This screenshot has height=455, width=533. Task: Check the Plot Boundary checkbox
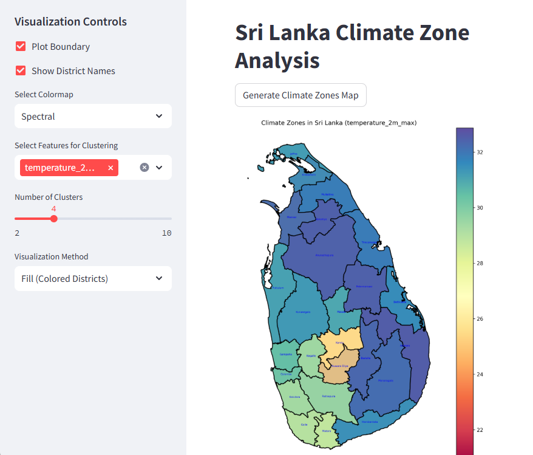pyautogui.click(x=21, y=47)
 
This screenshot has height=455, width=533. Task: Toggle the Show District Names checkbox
pyautogui.click(x=21, y=71)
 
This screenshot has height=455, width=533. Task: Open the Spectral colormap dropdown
pyautogui.click(x=93, y=116)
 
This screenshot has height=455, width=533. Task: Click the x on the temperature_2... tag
pyautogui.click(x=110, y=168)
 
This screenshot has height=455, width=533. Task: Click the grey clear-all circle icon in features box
pyautogui.click(x=144, y=168)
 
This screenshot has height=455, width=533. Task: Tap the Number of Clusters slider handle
pyautogui.click(x=53, y=219)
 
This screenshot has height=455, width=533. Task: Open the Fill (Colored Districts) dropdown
pyautogui.click(x=93, y=279)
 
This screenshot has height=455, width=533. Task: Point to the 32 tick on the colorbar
pyautogui.click(x=479, y=152)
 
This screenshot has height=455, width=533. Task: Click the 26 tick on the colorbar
pyautogui.click(x=479, y=319)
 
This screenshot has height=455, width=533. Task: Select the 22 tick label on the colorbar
pyautogui.click(x=479, y=430)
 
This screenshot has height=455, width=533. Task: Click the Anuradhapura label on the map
pyautogui.click(x=325, y=256)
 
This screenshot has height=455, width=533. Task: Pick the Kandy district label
pyautogui.click(x=339, y=343)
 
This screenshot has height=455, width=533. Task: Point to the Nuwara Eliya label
pyautogui.click(x=340, y=366)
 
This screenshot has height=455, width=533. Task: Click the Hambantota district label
pyautogui.click(x=369, y=422)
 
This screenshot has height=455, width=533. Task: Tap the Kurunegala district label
pyautogui.click(x=302, y=312)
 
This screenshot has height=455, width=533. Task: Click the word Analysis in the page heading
pyautogui.click(x=277, y=61)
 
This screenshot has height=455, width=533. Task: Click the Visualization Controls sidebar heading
pyautogui.click(x=70, y=22)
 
